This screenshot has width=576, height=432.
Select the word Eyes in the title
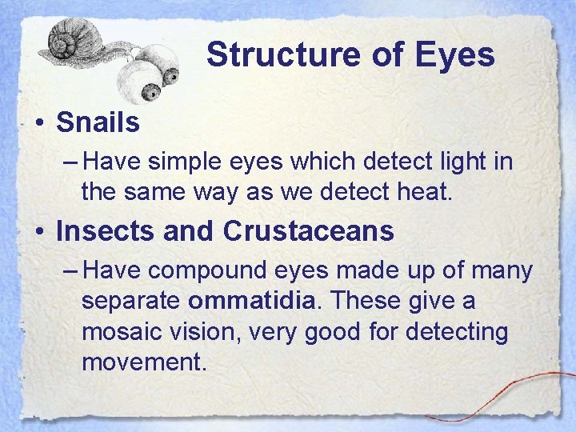coord(455,55)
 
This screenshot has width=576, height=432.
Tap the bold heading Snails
coord(98,122)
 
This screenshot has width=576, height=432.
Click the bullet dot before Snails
coord(38,123)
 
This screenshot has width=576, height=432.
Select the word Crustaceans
coord(309,231)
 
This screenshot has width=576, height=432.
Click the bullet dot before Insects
coord(38,232)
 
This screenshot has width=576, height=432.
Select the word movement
coord(144,361)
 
